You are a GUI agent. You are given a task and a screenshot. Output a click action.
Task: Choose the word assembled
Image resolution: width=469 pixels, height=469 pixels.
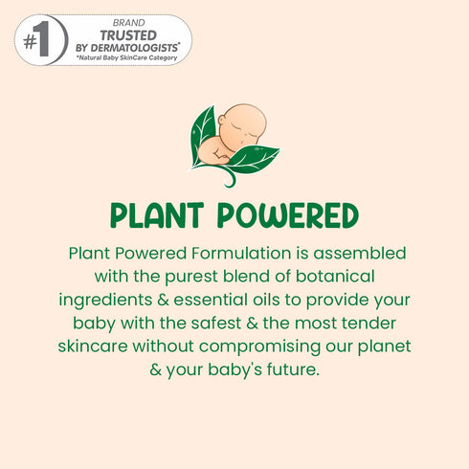point(364,254)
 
